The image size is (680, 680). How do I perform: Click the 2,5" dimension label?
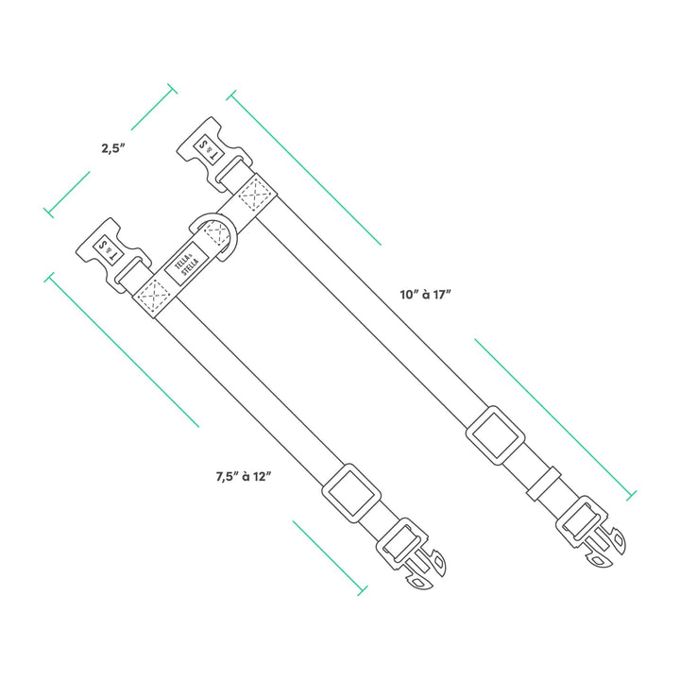coord(113,148)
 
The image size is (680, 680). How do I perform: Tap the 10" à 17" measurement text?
coord(426,295)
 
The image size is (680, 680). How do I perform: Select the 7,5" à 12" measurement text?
coord(244,477)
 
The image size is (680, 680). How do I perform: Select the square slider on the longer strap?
coord(496,435)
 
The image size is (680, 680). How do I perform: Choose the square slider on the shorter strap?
coord(351,493)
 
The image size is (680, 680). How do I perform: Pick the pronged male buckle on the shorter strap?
coord(411,553)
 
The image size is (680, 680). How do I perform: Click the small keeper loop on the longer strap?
coord(544,484)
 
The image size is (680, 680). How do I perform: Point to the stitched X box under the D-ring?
coord(216,234)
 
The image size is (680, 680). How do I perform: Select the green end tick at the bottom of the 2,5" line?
coord(49,212)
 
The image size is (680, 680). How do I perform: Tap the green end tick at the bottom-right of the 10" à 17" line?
coord(632,495)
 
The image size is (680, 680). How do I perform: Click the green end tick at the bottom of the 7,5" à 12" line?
coord(362,590)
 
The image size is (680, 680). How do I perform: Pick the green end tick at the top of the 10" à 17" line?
coord(231,95)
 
